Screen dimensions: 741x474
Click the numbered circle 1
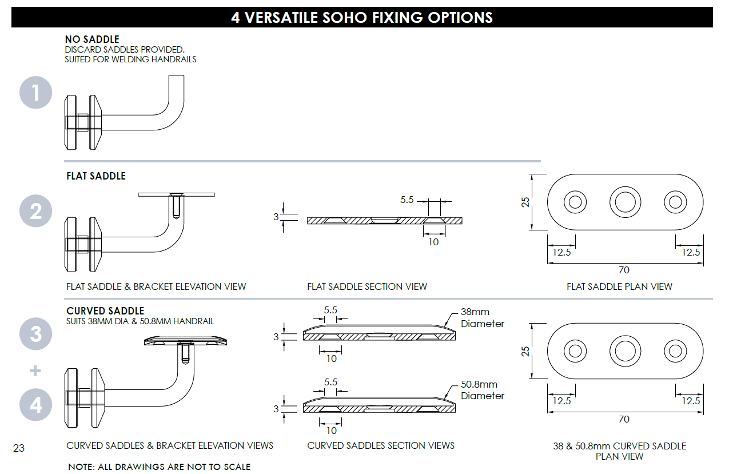tap(35, 92)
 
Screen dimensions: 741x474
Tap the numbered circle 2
tap(35, 211)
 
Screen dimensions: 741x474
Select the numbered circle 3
tap(35, 334)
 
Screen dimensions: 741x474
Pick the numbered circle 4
tap(35, 405)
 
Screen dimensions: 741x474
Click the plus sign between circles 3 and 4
tap(35, 371)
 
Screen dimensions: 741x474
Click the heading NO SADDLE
tap(92, 39)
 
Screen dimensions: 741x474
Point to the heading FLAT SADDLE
tap(96, 176)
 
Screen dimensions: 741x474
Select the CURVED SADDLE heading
tap(105, 311)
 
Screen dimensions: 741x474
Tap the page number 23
tap(19, 448)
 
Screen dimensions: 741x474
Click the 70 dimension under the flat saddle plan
tap(624, 270)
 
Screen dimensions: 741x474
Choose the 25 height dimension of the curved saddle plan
tap(525, 351)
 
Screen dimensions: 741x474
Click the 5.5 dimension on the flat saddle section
tap(407, 200)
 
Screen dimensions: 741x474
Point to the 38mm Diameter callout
tap(483, 317)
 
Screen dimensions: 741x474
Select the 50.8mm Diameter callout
tap(483, 390)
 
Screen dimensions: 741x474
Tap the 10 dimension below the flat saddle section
tap(433, 242)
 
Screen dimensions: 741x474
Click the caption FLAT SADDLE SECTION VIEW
tap(367, 286)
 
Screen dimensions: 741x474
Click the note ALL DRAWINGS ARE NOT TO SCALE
tap(159, 467)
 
